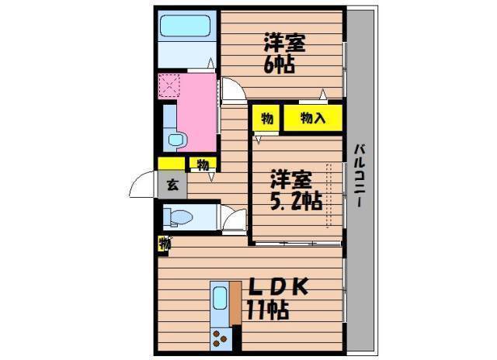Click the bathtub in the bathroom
(x=185, y=26)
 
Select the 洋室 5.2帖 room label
(x=296, y=190)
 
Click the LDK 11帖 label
(x=277, y=298)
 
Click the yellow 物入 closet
(x=313, y=118)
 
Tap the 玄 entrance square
(x=172, y=185)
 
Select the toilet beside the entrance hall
(x=179, y=217)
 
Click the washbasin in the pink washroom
(x=176, y=140)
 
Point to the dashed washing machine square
(x=169, y=85)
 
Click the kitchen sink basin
(x=220, y=298)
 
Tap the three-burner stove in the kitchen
(x=221, y=338)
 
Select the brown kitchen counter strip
(x=235, y=303)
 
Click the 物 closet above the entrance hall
(x=203, y=164)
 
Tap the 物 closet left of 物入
(x=266, y=118)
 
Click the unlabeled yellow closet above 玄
(x=171, y=164)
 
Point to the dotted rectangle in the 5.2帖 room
(x=329, y=195)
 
